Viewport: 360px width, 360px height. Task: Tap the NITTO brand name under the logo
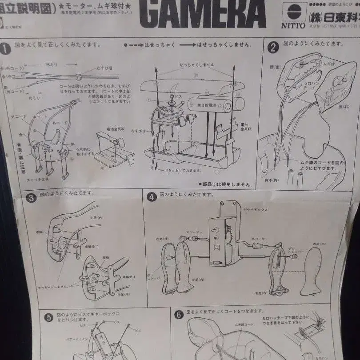pyautogui.click(x=293, y=25)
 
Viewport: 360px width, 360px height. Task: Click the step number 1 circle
pyautogui.click(x=5, y=49)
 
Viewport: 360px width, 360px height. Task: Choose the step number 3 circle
pyautogui.click(x=31, y=198)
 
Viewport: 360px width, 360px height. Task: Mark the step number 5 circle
pyautogui.click(x=48, y=318)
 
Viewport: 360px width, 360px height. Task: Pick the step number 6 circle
pyautogui.click(x=179, y=315)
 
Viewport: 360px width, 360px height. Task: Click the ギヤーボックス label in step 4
pyautogui.click(x=255, y=209)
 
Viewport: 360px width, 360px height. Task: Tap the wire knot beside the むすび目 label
pyautogui.click(x=78, y=76)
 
